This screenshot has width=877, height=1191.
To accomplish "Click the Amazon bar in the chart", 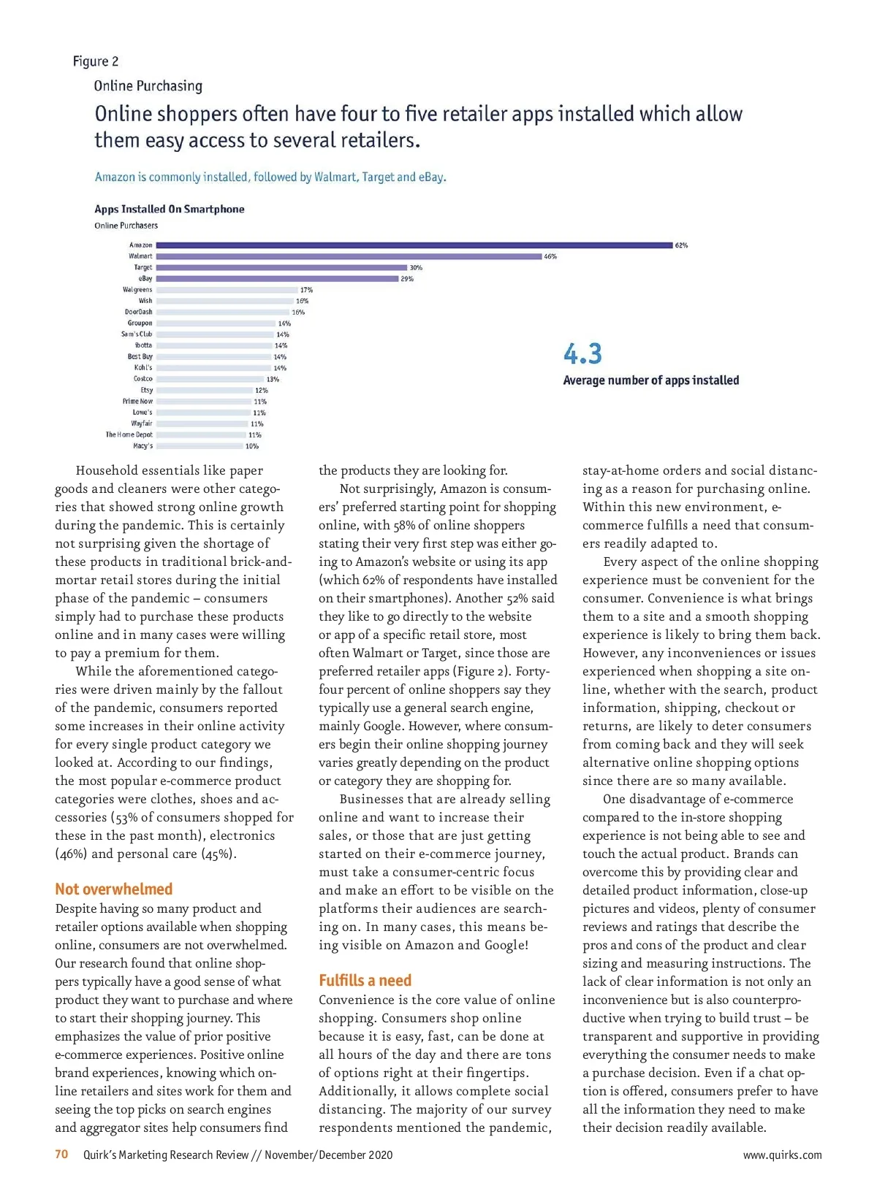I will [x=414, y=245].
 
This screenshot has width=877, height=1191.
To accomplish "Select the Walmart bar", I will [x=349, y=256].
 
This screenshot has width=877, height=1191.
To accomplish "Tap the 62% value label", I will [x=681, y=245].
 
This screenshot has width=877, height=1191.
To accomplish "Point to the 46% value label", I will [x=550, y=256].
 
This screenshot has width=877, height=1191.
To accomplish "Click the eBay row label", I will [x=145, y=278].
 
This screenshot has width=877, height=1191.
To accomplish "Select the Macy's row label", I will [x=143, y=445].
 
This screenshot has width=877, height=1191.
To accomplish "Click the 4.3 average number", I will [x=582, y=354].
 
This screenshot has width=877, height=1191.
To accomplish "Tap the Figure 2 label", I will [x=96, y=61].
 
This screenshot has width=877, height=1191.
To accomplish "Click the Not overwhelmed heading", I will [x=114, y=889].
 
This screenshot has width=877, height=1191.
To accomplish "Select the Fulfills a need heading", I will [x=365, y=980].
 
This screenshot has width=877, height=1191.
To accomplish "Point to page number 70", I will [x=61, y=1154].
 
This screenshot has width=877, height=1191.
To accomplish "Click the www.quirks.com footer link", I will [x=782, y=1154].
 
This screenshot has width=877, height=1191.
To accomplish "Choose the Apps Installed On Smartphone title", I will [x=170, y=209].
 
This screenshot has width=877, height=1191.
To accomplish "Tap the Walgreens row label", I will [x=137, y=290].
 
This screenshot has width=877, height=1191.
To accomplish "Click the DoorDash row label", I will [x=138, y=312].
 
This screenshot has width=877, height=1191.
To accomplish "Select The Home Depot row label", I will [x=129, y=434].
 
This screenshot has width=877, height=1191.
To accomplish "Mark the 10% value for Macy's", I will [x=252, y=445].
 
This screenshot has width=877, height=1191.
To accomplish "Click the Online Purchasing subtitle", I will [x=148, y=86].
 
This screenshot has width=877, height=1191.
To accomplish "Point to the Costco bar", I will [x=210, y=379].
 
